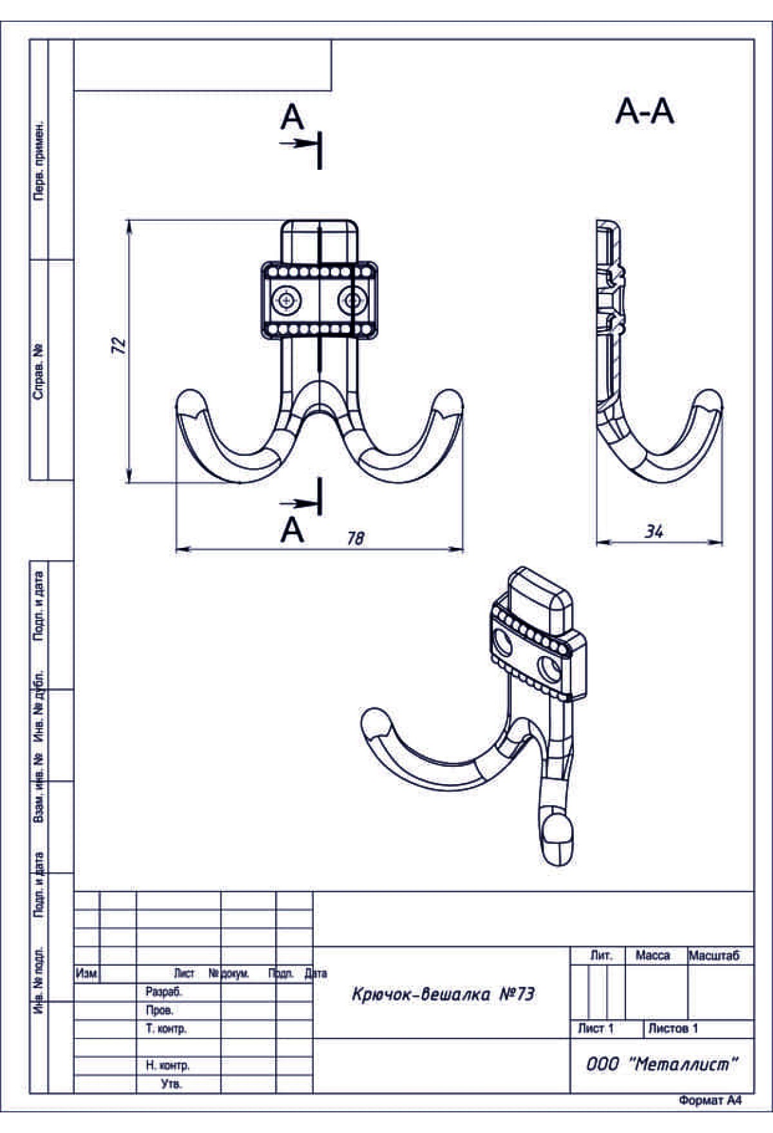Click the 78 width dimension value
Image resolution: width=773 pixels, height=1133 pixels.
(x=356, y=538)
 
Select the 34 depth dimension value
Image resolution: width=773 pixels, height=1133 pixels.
(x=654, y=532)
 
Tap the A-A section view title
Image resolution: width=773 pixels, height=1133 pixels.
(x=645, y=112)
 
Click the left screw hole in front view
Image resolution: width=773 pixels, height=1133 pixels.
(x=286, y=300)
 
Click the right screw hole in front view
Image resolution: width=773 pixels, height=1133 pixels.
(x=352, y=300)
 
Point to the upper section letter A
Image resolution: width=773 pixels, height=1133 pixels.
(x=292, y=118)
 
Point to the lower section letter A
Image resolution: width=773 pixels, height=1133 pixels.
(x=292, y=530)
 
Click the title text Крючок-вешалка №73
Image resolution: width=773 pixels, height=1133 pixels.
(x=443, y=995)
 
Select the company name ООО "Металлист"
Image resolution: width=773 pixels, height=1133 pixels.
(x=661, y=1064)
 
